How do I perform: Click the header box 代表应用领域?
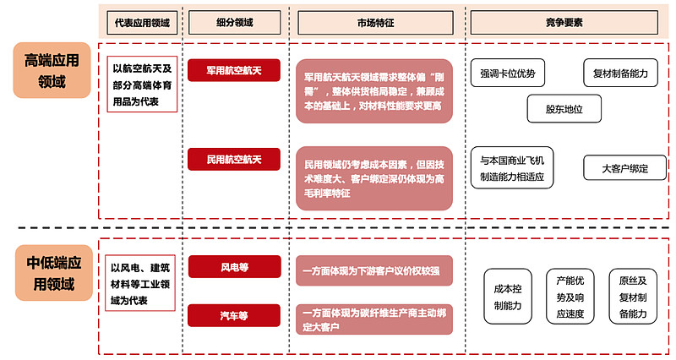pos(140,20)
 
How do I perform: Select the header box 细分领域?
pos(234,20)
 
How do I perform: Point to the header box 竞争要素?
pos(564,20)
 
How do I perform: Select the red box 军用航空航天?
pos(234,71)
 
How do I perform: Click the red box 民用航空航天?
pos(234,158)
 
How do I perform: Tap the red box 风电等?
pos(234,268)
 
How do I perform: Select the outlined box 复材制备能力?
pos(619,74)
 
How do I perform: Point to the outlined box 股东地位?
pos(564,109)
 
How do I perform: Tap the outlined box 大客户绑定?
pos(624,167)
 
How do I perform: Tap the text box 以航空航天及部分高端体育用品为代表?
pos(141,85)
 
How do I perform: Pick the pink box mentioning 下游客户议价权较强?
pos(374,270)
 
